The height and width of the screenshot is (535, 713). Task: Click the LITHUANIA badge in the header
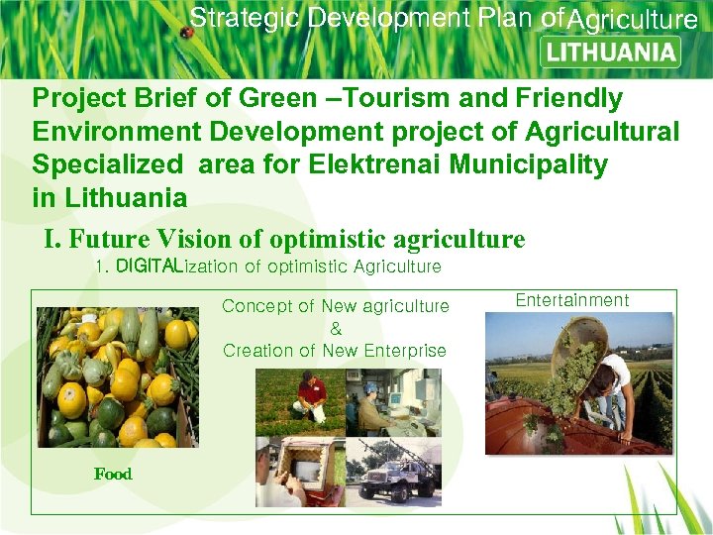[611, 53]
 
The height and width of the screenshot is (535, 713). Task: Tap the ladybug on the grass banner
[185, 33]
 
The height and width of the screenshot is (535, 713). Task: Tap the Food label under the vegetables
[113, 474]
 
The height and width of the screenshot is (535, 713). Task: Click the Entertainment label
[571, 300]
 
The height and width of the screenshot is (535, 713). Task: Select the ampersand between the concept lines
[336, 328]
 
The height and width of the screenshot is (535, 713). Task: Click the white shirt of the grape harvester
[615, 374]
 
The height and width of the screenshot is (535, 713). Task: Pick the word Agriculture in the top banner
[634, 20]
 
